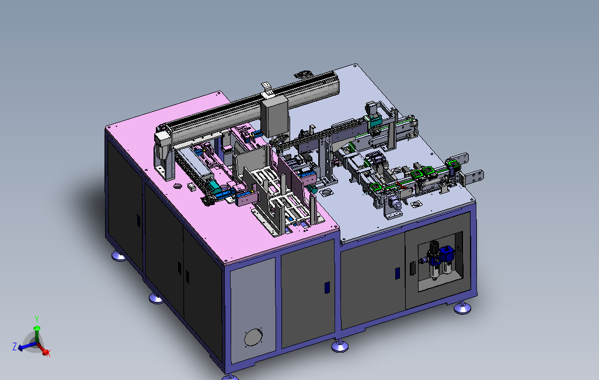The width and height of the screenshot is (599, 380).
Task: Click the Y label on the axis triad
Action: click(37, 319)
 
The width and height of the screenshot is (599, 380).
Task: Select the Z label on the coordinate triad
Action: click(15, 346)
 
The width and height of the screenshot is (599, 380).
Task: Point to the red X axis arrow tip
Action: click(46, 352)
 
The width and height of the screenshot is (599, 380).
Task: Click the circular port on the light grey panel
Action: click(253, 337)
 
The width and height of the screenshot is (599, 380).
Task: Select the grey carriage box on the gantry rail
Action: click(274, 117)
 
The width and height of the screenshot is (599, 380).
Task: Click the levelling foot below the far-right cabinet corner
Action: click(462, 307)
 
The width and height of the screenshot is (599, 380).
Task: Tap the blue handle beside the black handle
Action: click(398, 273)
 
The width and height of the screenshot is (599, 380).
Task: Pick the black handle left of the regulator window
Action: click(413, 268)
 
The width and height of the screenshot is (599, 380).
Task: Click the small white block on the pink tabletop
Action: click(191, 187)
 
